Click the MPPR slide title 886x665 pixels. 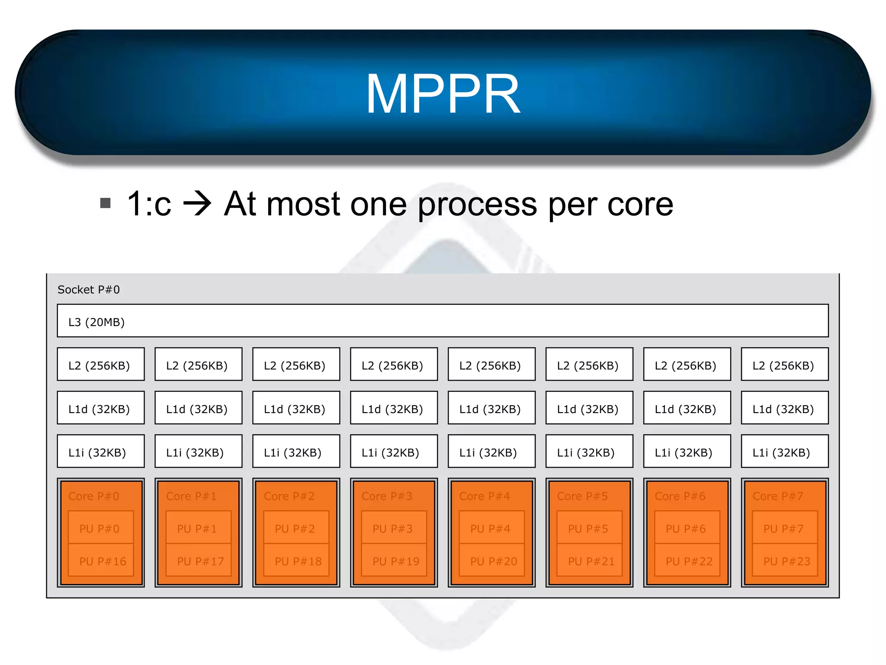[x=443, y=94]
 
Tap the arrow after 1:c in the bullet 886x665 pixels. [x=197, y=203]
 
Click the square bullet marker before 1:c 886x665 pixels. [x=105, y=203]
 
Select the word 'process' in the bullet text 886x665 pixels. [x=477, y=204]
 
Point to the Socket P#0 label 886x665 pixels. [x=89, y=290]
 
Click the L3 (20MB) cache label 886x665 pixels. [x=96, y=322]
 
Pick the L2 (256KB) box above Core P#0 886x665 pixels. [x=101, y=365]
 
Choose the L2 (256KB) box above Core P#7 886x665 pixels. [x=785, y=365]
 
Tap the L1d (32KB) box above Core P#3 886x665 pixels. [x=394, y=408]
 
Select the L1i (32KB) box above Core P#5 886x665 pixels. [x=589, y=451]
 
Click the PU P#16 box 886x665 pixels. [x=101, y=561]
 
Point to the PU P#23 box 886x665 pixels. [x=785, y=561]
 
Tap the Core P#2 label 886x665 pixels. [x=289, y=496]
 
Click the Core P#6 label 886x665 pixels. [x=680, y=496]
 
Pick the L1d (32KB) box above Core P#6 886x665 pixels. [x=687, y=408]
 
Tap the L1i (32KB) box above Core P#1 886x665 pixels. [x=198, y=451]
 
